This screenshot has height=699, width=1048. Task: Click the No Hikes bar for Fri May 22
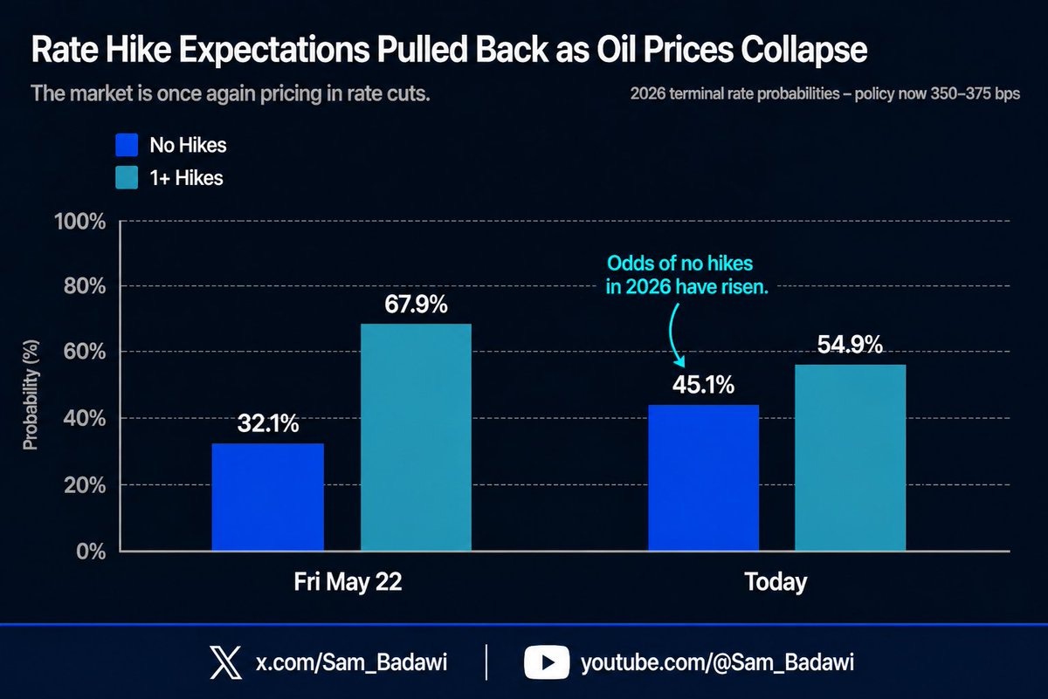[267, 497]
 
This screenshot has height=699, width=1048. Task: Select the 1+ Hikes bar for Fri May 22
[416, 437]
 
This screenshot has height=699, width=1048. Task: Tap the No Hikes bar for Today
[703, 478]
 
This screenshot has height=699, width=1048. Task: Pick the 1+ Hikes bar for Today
[850, 458]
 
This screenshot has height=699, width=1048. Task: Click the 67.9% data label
[416, 305]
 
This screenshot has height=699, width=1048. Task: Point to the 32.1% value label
[268, 423]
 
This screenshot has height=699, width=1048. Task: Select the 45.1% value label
[704, 385]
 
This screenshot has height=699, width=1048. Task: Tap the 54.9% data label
[850, 345]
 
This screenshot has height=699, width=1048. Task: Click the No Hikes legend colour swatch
[127, 145]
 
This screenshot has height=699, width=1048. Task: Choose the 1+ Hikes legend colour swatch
[127, 178]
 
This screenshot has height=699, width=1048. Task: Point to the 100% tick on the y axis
[80, 221]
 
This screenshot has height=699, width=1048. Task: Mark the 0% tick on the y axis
[91, 552]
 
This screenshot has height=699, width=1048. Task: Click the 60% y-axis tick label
[85, 352]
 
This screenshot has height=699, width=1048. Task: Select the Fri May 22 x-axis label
[348, 582]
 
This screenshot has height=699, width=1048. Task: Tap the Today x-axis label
[776, 582]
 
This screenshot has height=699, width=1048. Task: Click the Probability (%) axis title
[31, 395]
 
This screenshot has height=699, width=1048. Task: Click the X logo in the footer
[225, 662]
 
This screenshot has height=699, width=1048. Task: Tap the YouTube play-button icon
[547, 662]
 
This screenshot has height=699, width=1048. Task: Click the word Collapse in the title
[803, 50]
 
